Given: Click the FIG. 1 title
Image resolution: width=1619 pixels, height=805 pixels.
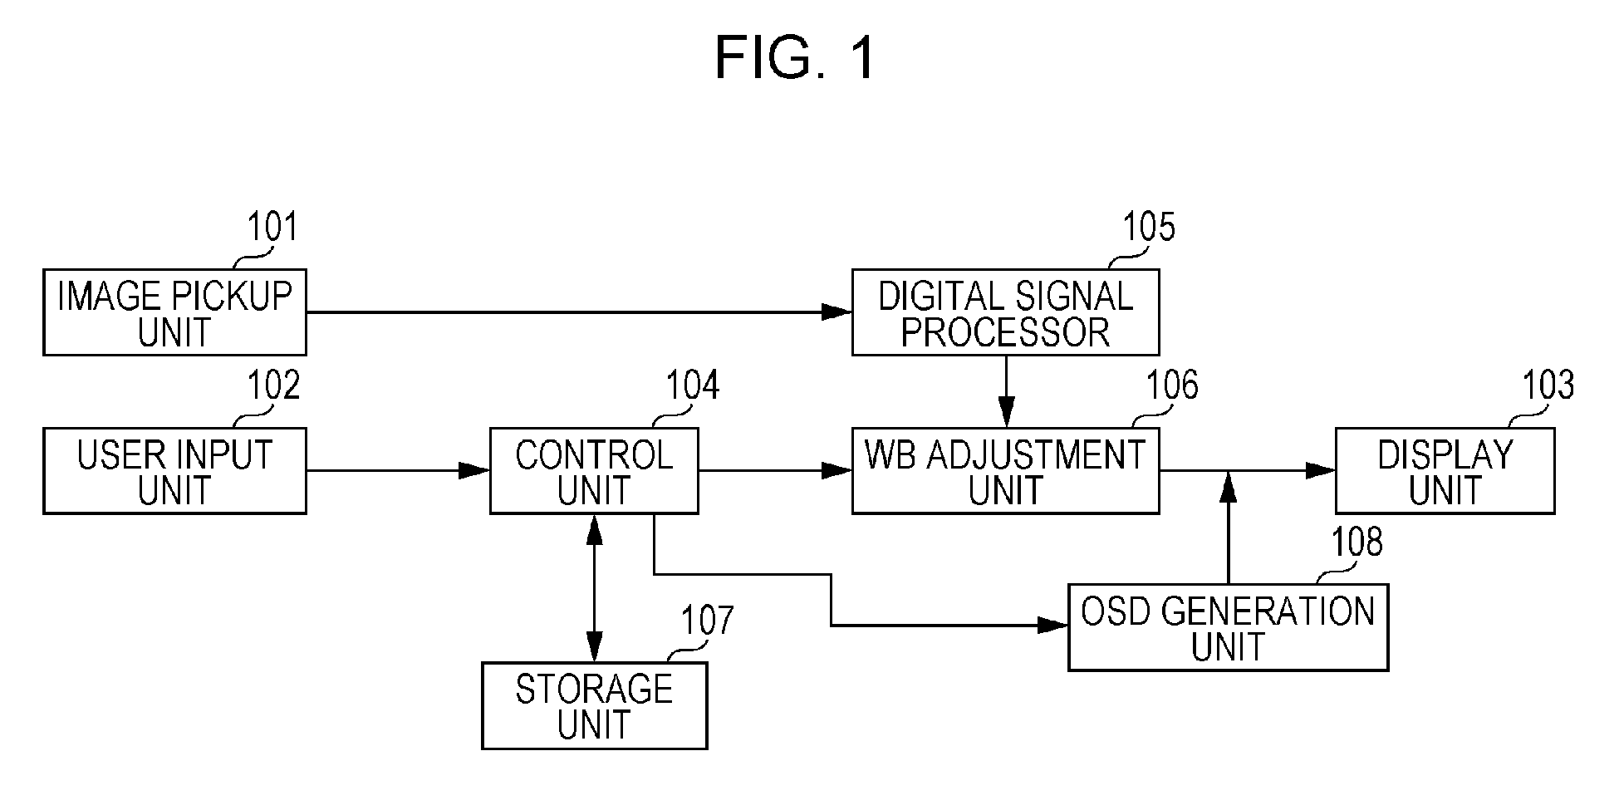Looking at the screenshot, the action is tap(795, 58).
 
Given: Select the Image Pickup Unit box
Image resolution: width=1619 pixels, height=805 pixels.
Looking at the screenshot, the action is tap(174, 312).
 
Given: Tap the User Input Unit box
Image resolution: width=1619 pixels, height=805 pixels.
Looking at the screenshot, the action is tap(174, 471).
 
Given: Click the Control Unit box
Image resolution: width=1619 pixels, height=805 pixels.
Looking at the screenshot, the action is tap(594, 471).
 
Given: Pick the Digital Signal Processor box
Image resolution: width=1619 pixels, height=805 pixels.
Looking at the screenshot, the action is tap(1005, 312).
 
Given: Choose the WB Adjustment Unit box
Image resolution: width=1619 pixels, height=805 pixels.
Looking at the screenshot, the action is tap(1005, 471).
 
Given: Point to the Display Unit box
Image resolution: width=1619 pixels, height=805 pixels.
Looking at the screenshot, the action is tap(1445, 471).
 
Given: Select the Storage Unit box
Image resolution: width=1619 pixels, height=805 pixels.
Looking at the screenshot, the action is tap(595, 706).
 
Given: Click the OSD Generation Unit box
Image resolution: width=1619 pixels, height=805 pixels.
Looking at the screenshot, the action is tap(1228, 628).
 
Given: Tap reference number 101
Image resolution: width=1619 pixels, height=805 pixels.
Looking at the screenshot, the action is tap(272, 227).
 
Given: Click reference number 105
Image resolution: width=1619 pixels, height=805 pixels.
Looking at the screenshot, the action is tap(1149, 227).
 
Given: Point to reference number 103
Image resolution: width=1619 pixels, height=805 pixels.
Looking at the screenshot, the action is tap(1548, 385).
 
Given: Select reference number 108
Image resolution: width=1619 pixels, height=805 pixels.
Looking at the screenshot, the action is tap(1357, 542).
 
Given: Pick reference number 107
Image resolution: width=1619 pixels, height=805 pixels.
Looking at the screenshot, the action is tap(708, 621).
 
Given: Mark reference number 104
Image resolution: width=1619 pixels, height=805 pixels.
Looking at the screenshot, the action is tap(693, 385).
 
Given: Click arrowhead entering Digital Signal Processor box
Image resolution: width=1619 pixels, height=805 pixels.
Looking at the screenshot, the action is tap(837, 312).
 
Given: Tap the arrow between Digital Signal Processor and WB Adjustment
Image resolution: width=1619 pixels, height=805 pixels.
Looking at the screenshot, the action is tap(1006, 391).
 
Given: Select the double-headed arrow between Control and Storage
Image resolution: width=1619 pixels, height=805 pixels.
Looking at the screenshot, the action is tap(595, 588).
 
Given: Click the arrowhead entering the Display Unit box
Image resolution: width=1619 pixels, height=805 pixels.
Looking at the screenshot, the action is tap(1321, 471).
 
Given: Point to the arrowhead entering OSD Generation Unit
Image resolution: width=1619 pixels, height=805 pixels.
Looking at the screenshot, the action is tap(1053, 626).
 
